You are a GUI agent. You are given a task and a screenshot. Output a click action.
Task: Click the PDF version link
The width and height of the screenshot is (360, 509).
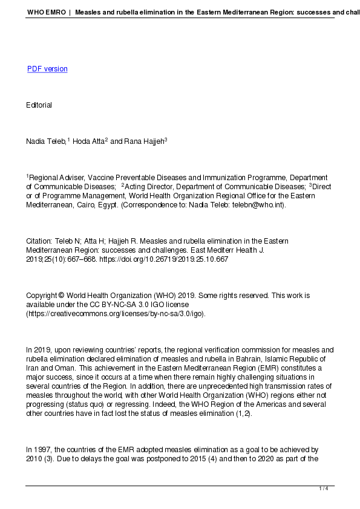47,69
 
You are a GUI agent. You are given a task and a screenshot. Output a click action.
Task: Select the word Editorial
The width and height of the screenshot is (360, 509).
39,105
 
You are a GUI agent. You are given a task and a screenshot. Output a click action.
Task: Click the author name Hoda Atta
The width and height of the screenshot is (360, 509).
88,141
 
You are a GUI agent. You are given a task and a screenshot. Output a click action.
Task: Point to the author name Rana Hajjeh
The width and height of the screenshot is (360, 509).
145,141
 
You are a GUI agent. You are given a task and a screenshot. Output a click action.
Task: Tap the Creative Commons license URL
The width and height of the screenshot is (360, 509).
116,314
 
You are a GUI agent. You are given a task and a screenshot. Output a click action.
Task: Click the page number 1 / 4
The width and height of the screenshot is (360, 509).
324,488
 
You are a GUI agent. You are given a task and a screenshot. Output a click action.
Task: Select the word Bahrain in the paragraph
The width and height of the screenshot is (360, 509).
249,359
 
